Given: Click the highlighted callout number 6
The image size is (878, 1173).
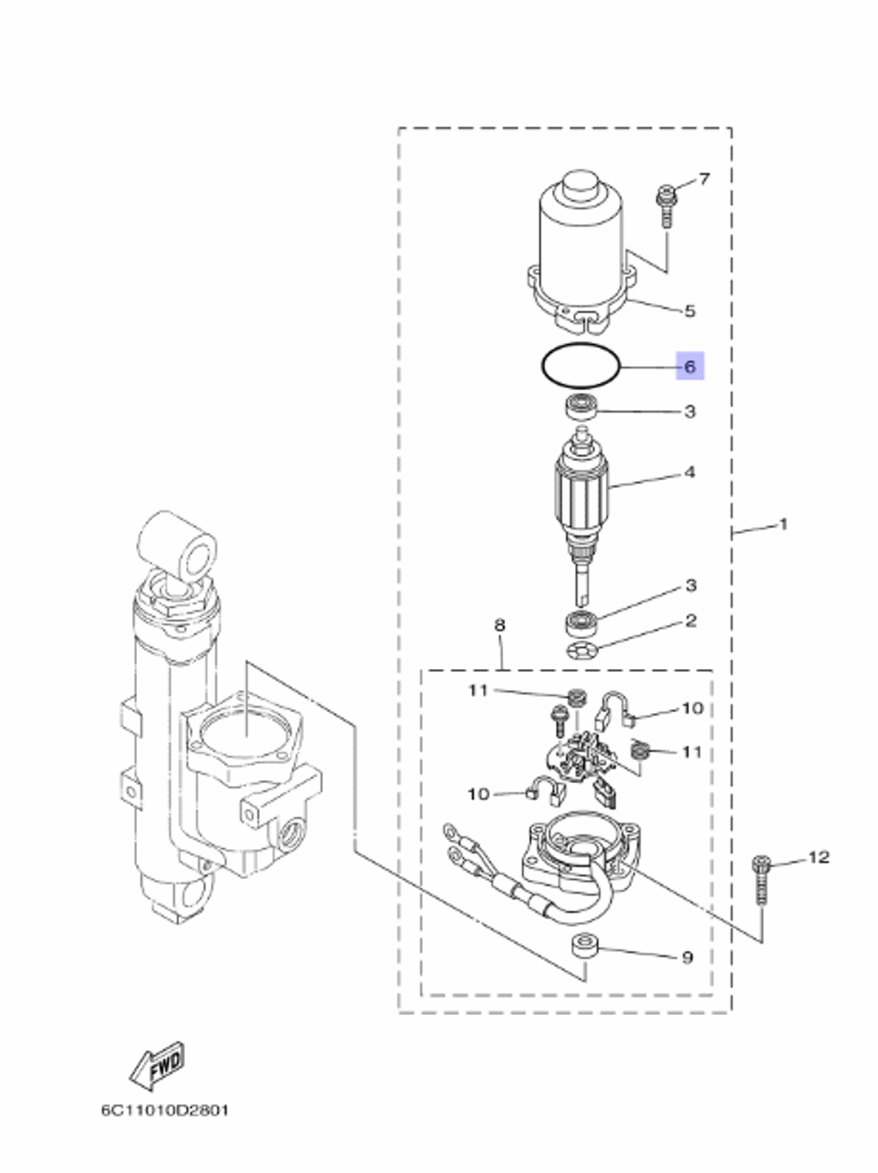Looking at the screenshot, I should point(689,366).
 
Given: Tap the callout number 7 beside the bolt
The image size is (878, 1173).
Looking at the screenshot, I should point(704,179).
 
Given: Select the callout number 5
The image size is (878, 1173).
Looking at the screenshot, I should point(689,311).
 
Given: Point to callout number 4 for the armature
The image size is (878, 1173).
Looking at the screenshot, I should point(689,472).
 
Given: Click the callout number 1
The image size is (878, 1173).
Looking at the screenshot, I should point(783,524).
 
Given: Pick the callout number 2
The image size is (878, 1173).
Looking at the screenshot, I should point(690,621).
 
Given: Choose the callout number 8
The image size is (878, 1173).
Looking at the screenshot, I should point(500,626).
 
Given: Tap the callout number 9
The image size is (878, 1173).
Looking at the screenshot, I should point(687,957).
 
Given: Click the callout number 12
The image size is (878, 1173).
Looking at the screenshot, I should point(818,856).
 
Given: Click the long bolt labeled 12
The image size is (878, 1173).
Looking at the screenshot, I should point(760,881).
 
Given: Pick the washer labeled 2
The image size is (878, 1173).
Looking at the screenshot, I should point(579,651).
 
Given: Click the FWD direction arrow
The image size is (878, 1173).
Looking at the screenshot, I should point(157,1065).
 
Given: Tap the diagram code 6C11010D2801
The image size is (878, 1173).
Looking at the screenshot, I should point(164,1110).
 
